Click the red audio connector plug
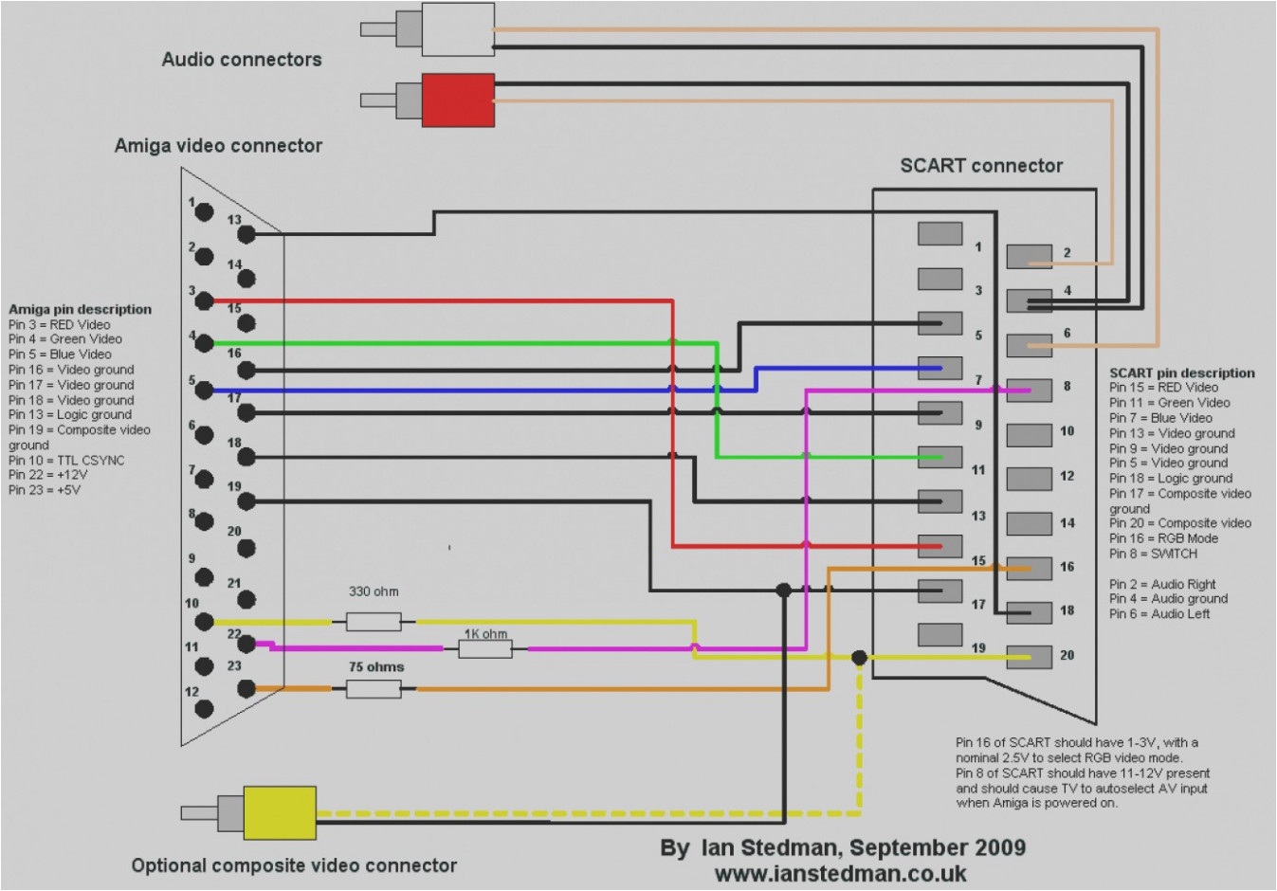(457, 100)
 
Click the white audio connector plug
(457, 29)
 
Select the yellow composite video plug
(279, 812)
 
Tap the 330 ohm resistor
(373, 622)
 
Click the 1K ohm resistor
(485, 649)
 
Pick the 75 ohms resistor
(373, 689)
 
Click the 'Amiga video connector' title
(218, 146)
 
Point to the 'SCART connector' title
(981, 166)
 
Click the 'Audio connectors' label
(242, 60)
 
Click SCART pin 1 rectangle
(940, 233)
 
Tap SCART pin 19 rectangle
(940, 634)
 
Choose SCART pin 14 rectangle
(1029, 523)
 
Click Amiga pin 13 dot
(246, 233)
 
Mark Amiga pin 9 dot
(204, 576)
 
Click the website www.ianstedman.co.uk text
(840, 872)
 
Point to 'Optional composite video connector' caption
(294, 865)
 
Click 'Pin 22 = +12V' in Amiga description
(48, 475)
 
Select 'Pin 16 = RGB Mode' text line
(1163, 538)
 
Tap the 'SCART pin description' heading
(1181, 373)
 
